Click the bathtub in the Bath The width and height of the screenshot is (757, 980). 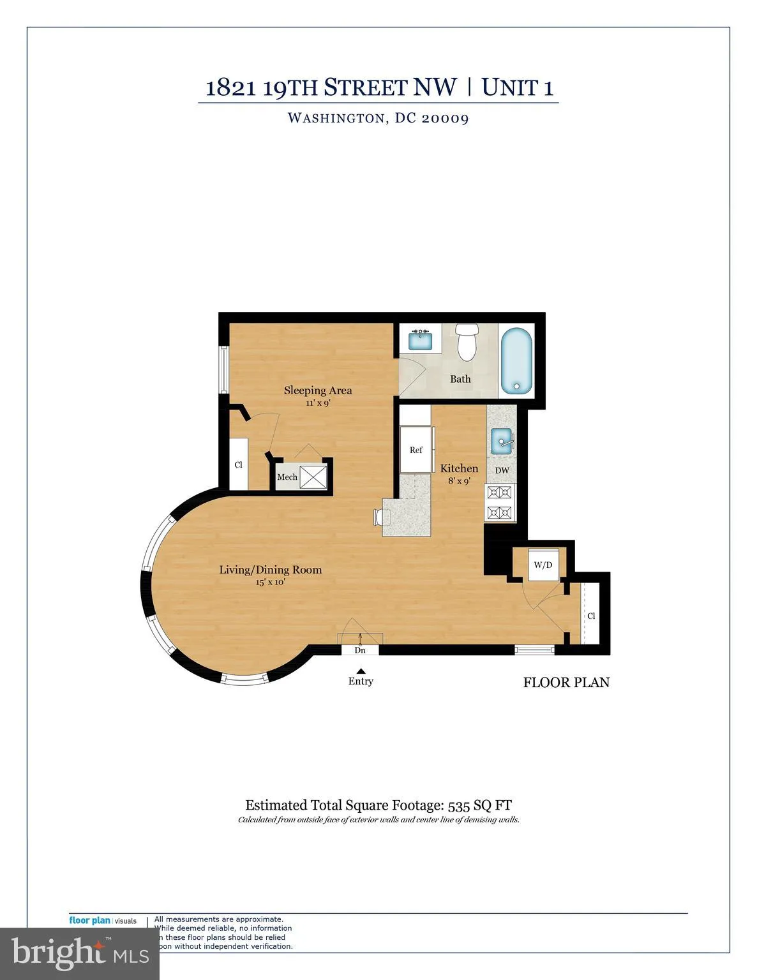tap(516, 361)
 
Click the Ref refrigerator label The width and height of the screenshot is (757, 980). tap(416, 450)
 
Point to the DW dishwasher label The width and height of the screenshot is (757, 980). tap(502, 471)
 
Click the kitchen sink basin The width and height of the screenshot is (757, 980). tap(502, 440)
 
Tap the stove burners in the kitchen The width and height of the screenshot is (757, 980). tap(500, 502)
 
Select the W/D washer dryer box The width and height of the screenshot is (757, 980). tap(543, 565)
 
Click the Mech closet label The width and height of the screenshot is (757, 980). tap(287, 477)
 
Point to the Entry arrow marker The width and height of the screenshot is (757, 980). tap(361, 671)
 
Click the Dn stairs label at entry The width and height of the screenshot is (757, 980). tap(360, 650)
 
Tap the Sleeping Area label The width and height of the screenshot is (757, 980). tap(318, 390)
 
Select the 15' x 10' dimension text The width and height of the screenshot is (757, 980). tap(270, 582)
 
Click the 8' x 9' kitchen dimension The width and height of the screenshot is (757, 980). tap(459, 481)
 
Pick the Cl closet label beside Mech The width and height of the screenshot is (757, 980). tap(239, 464)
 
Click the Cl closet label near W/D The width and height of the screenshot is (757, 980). tap(591, 616)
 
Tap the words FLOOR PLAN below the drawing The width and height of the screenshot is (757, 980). tap(566, 683)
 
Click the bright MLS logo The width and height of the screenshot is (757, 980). tap(79, 953)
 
